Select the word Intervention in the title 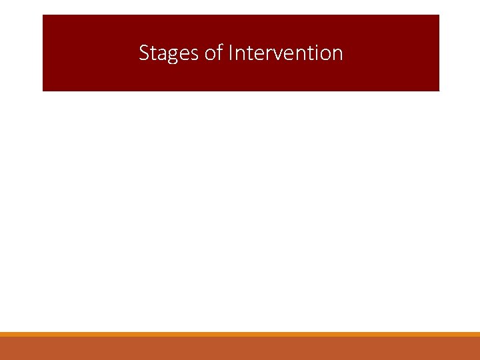point(285,53)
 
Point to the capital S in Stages point(144,53)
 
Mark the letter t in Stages point(153,53)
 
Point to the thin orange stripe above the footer point(240,334)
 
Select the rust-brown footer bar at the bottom point(240,349)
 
